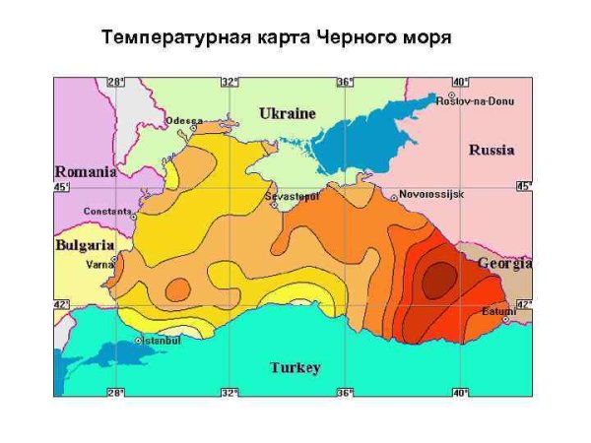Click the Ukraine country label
pyautogui.click(x=288, y=113)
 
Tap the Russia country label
pyautogui.click(x=491, y=151)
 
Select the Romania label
pyautogui.click(x=85, y=171)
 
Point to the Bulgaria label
pyautogui.click(x=84, y=244)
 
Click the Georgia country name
pyautogui.click(x=505, y=264)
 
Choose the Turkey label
pyautogui.click(x=295, y=367)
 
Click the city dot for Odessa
pyautogui.click(x=194, y=128)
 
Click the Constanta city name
pyautogui.click(x=107, y=211)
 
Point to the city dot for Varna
pyautogui.click(x=114, y=259)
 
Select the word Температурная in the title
pyautogui.click(x=162, y=39)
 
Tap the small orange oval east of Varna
pyautogui.click(x=178, y=289)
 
